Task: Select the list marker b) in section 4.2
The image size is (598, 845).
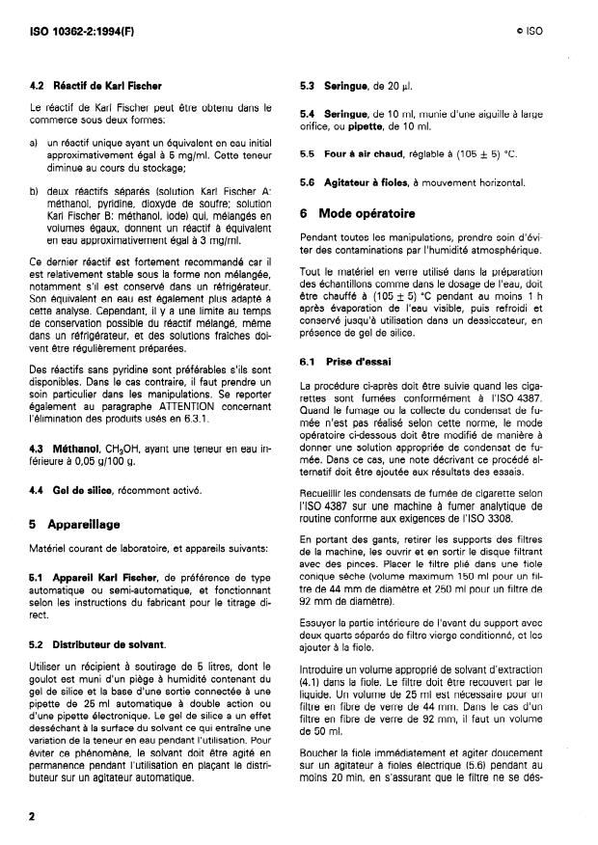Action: [36, 192]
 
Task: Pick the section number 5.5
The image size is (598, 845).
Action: [308, 153]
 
